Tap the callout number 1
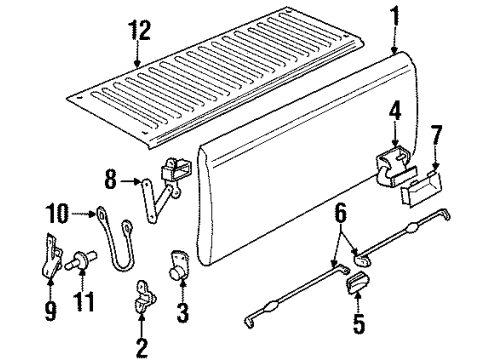pos(395,16)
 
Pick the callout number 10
pos(56,211)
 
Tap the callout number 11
pos(80,298)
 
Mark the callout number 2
pos(141,348)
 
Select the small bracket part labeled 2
pos(146,299)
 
